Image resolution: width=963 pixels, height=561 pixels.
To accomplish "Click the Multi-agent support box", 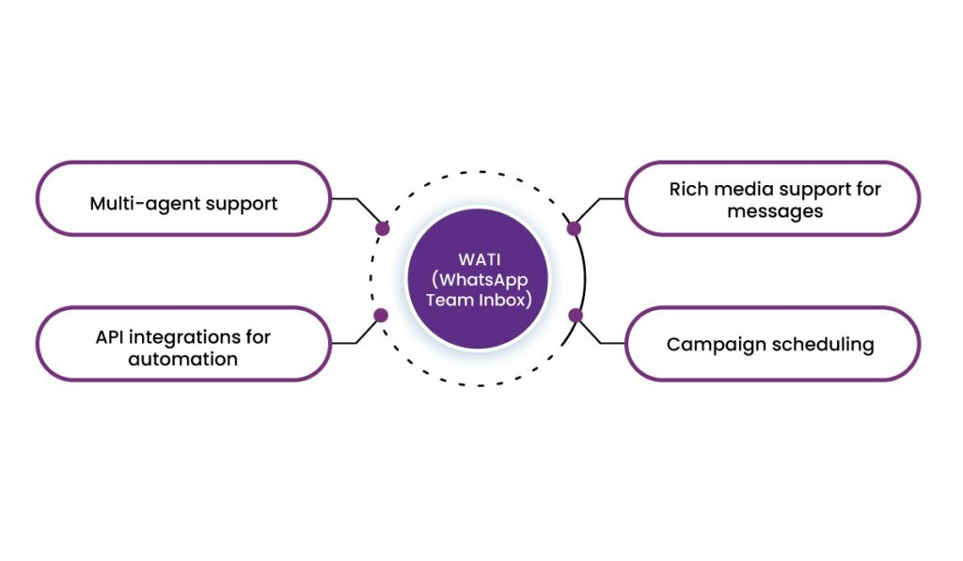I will coord(183,202).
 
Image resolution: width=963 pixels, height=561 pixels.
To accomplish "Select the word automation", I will coord(183,358).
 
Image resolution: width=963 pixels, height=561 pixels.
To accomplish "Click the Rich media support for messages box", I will coord(773,199).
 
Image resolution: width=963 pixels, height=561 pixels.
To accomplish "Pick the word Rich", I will coord(688,189).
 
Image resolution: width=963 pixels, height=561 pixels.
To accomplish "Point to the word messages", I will coord(774,211).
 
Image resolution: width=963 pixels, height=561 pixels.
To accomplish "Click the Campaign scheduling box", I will coord(773,344).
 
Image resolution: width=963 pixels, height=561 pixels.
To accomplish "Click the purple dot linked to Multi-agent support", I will coord(382,228).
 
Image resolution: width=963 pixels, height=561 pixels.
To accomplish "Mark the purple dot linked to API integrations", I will coord(381,315).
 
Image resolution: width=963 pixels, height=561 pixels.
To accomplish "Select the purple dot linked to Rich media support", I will coord(575,228).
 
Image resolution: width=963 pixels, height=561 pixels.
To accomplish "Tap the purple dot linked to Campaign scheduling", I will coord(576,315).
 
